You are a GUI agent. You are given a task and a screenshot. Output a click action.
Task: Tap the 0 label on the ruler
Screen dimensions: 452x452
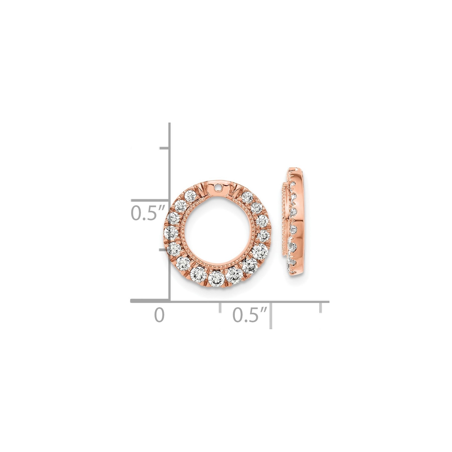[x=159, y=315]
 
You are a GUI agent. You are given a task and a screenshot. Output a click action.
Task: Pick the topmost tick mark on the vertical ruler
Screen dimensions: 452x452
[x=164, y=148]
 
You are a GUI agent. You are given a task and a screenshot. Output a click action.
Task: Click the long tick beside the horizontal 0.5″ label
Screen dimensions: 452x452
[x=271, y=315]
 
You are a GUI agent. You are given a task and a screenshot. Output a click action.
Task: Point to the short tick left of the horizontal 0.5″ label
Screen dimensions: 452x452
[x=220, y=308]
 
